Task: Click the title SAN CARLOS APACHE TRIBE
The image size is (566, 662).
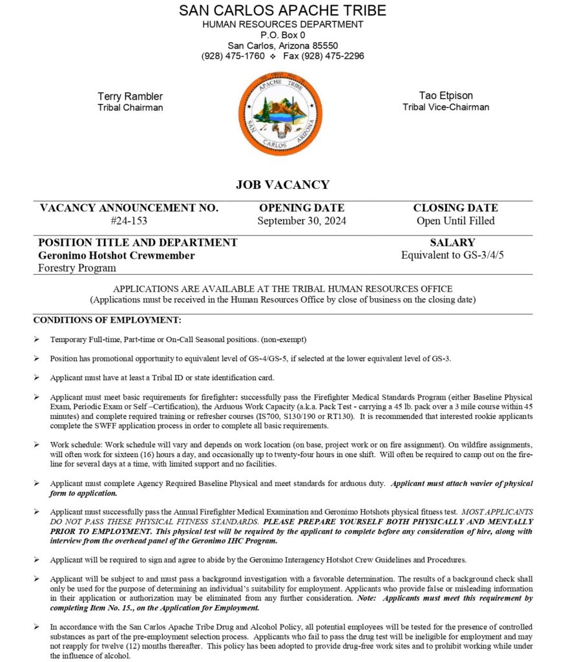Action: click(282, 11)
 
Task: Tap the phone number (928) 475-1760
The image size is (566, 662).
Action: click(233, 56)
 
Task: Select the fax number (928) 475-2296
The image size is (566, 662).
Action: click(332, 56)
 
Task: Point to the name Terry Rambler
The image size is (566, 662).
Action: click(130, 96)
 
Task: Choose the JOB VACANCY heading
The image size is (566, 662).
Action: click(282, 185)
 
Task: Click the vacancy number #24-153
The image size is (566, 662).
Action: click(129, 221)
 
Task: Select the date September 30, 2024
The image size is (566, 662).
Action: click(302, 221)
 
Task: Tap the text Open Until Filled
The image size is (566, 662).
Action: click(456, 221)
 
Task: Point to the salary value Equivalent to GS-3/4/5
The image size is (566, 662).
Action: click(452, 255)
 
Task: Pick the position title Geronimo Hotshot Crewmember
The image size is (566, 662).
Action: click(116, 255)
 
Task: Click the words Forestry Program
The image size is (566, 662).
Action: click(78, 268)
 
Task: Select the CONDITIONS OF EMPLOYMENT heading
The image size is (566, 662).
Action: click(107, 320)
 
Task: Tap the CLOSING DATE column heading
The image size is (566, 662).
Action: click(456, 208)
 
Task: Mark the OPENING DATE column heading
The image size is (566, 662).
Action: click(302, 208)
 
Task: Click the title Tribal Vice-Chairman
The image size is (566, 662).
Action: click(445, 107)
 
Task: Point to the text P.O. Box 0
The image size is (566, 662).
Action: click(282, 35)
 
